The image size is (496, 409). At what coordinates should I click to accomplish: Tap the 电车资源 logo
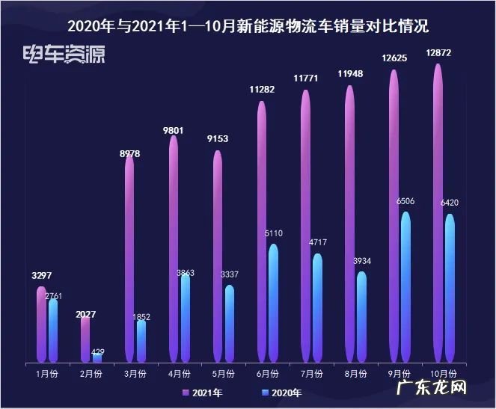pyautogui.click(x=64, y=55)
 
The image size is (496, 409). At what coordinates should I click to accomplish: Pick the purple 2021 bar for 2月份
pyautogui.click(x=85, y=339)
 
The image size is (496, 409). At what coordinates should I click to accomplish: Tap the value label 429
pyautogui.click(x=97, y=351)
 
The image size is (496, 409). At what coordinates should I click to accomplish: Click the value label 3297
pyautogui.click(x=42, y=275)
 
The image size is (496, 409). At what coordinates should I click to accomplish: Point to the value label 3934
pyautogui.click(x=361, y=260)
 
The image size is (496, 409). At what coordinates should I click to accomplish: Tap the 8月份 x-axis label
pyautogui.click(x=356, y=372)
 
